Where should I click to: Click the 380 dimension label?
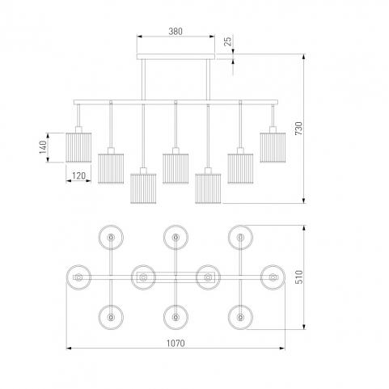[175, 32]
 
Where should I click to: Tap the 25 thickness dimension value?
[228, 41]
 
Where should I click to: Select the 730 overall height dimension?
[298, 129]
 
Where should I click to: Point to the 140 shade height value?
[43, 147]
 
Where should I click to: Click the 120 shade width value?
[78, 175]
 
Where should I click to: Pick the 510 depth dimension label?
[298, 277]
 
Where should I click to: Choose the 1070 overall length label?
[175, 343]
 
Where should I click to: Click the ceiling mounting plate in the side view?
[175, 57]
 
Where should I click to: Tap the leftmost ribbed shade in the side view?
[78, 147]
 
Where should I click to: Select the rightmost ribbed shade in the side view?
[273, 147]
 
